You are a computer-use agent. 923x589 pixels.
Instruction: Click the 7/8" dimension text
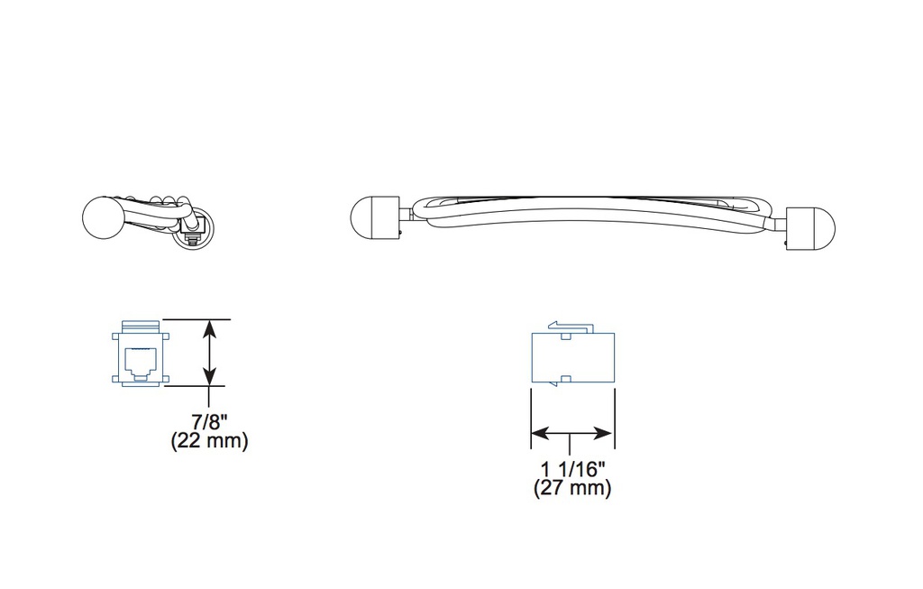(x=209, y=422)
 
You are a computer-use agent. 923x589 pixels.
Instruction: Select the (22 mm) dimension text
(x=209, y=440)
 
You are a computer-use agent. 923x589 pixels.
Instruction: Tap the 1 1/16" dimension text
(x=572, y=469)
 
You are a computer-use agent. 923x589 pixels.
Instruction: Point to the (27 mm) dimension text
(x=572, y=488)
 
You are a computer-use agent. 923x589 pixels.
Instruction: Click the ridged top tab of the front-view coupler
(x=141, y=326)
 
